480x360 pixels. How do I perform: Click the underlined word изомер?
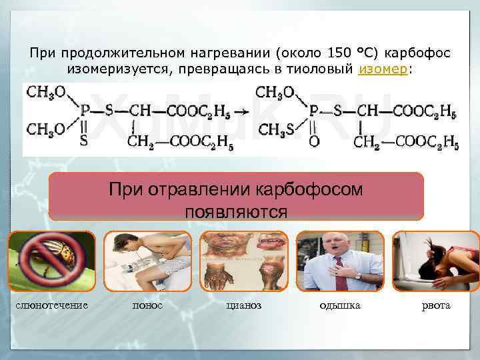(383, 70)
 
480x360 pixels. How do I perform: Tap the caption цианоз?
(244, 305)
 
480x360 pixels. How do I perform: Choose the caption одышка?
(339, 305)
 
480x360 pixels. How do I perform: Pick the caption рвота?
(436, 305)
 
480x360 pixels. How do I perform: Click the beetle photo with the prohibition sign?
(52, 261)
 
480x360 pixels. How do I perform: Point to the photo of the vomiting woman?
(435, 261)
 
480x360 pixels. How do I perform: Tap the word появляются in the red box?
(237, 211)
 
